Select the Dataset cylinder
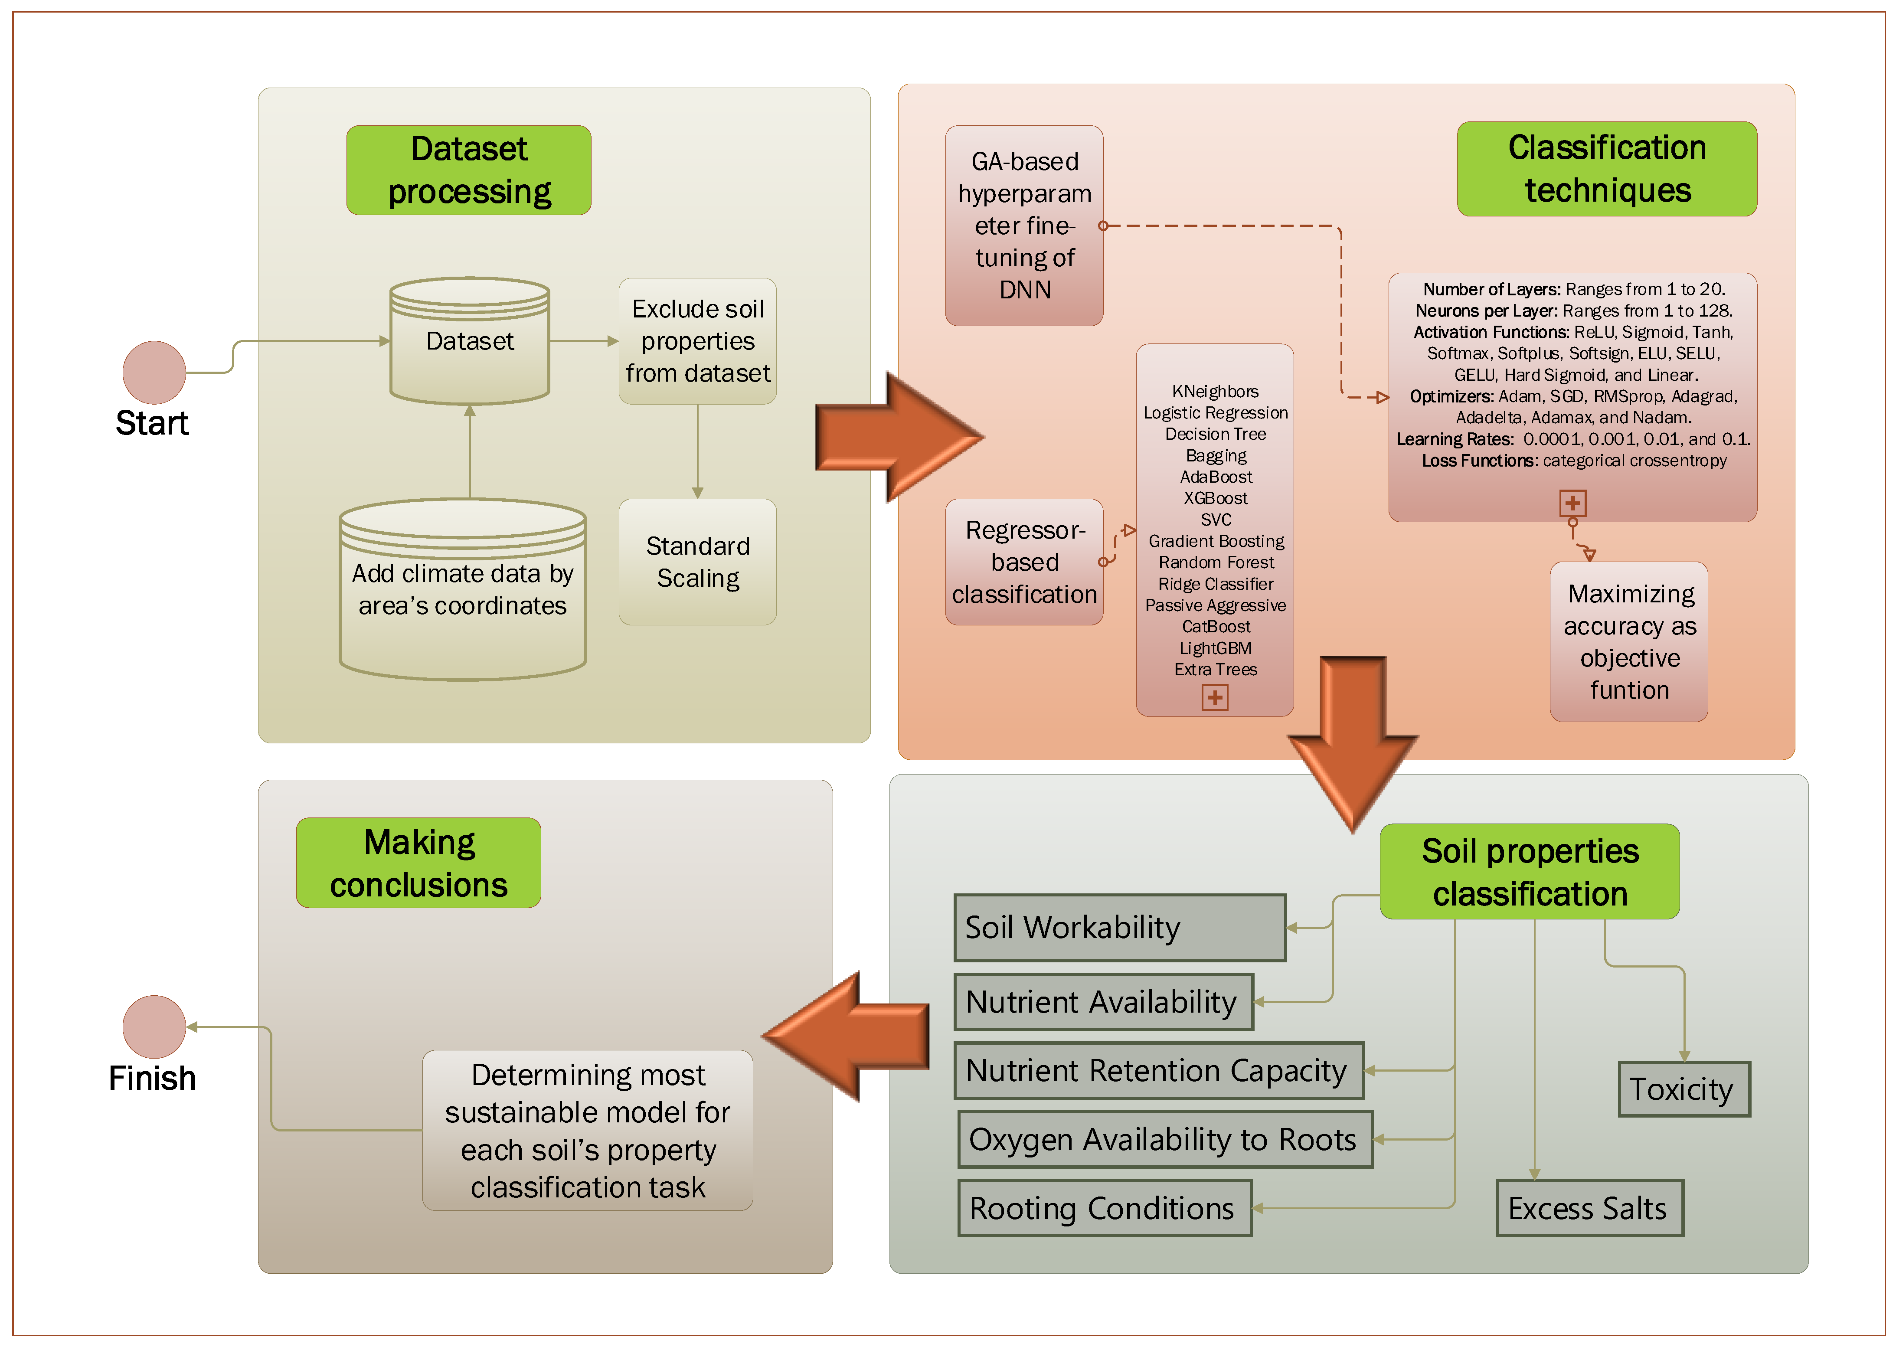coord(469,341)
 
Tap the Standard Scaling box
coord(697,562)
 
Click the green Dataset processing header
coord(469,170)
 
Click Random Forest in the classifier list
coord(1215,562)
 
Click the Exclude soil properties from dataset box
coord(697,341)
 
